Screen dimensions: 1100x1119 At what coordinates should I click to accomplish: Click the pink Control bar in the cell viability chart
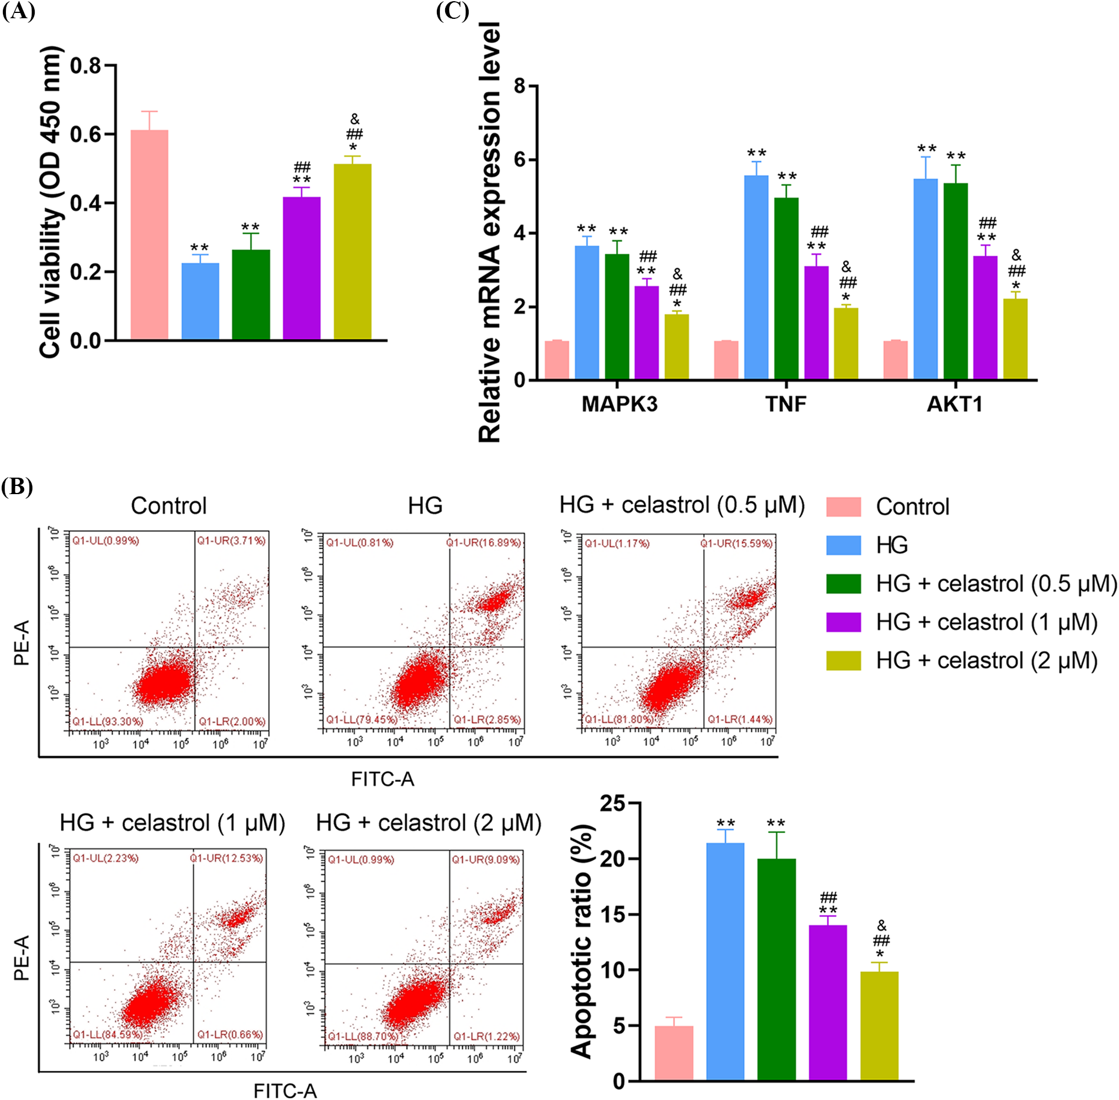[x=149, y=235]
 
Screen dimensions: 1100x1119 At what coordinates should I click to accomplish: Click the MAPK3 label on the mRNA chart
[x=619, y=405]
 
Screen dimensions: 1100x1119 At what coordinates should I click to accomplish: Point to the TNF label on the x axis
[x=786, y=405]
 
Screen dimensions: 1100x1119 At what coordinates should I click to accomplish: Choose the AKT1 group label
[x=954, y=405]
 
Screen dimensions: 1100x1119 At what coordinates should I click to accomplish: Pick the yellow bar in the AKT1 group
[x=1016, y=339]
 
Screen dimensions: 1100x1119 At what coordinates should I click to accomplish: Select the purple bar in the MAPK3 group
[x=647, y=333]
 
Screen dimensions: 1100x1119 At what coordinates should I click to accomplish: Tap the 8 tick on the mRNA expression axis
[x=519, y=86]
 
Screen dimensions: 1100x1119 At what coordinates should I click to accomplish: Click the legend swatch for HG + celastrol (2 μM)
[x=843, y=661]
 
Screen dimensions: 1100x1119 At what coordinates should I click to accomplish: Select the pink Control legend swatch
[x=843, y=506]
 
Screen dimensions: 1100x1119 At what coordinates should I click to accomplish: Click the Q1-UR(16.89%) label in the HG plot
[x=483, y=542]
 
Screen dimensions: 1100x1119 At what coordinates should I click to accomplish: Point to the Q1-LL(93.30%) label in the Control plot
[x=107, y=721]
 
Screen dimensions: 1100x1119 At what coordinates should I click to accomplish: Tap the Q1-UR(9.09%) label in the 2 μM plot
[x=486, y=859]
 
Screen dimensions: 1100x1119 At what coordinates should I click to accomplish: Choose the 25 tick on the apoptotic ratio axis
[x=613, y=803]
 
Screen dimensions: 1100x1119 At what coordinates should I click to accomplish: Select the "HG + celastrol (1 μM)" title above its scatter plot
[x=172, y=822]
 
